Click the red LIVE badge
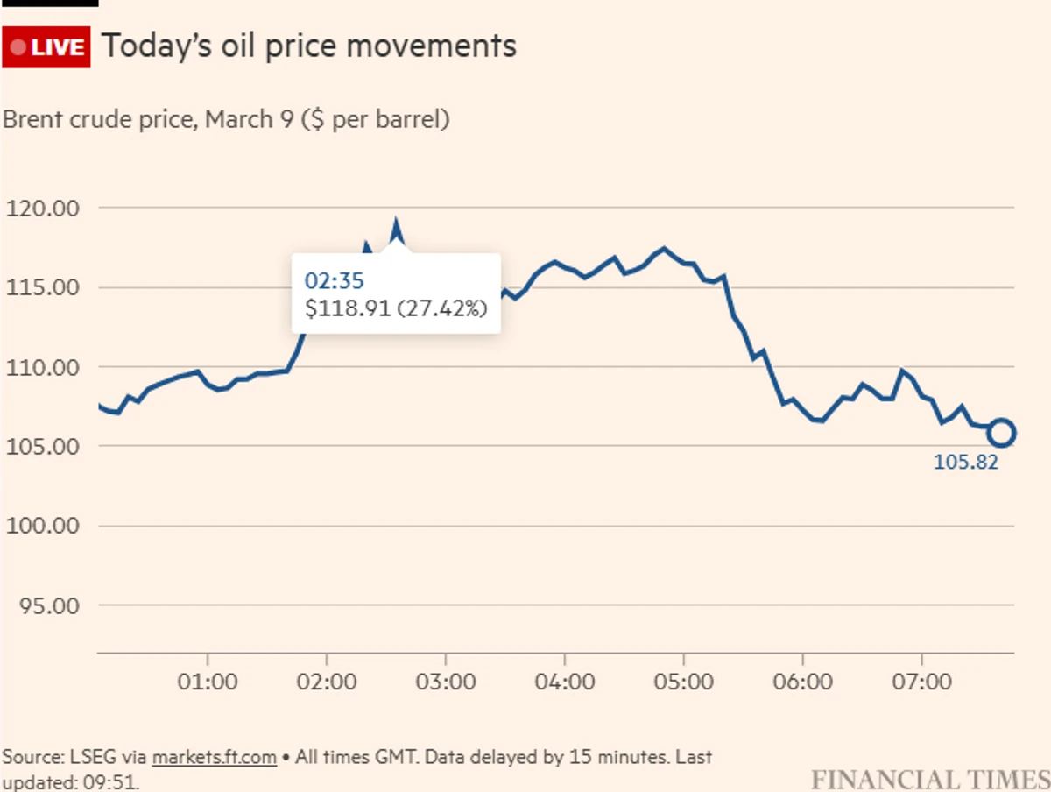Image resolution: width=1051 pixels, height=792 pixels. pyautogui.click(x=47, y=46)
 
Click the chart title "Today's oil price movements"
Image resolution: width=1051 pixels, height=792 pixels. pyautogui.click(x=309, y=46)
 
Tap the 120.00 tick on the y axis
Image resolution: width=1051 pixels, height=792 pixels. pyautogui.click(x=43, y=209)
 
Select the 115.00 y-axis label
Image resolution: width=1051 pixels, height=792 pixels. pyautogui.click(x=43, y=288)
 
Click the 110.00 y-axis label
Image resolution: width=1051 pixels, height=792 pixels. pyautogui.click(x=43, y=368)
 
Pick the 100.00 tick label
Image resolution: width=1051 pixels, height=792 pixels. pyautogui.click(x=43, y=527)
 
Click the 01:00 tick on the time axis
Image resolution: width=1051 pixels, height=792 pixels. pyautogui.click(x=208, y=681)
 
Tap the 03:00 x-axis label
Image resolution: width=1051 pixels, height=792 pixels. pyautogui.click(x=446, y=681)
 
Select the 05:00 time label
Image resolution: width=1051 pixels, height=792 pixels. pyautogui.click(x=684, y=681)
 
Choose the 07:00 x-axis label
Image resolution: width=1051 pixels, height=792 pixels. pyautogui.click(x=922, y=681)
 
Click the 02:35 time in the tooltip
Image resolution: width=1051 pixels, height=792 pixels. pyautogui.click(x=334, y=280)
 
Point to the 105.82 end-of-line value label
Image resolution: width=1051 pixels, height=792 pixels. pyautogui.click(x=966, y=463)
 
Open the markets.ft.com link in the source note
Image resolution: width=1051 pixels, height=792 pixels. pyautogui.click(x=215, y=757)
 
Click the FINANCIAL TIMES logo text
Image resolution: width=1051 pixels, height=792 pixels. pyautogui.click(x=929, y=779)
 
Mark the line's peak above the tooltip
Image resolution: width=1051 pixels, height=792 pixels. pyautogui.click(x=397, y=225)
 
